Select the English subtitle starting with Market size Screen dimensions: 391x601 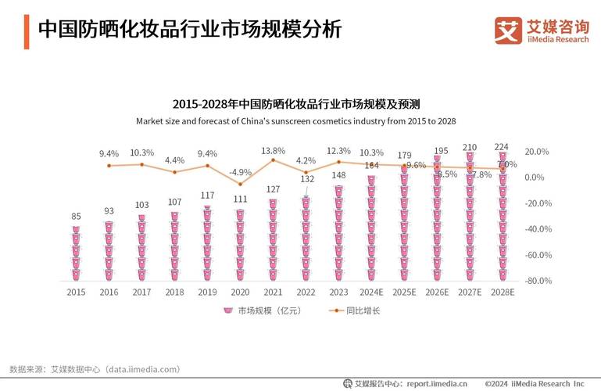(x=295, y=121)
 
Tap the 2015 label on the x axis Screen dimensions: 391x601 (x=76, y=292)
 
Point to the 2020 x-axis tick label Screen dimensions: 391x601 (x=240, y=292)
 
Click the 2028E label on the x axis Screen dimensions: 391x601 (x=503, y=292)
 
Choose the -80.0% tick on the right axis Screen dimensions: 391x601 (x=538, y=281)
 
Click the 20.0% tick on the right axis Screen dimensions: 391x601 (x=538, y=152)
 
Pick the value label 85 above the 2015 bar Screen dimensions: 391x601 (x=76, y=217)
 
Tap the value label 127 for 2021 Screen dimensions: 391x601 (x=273, y=189)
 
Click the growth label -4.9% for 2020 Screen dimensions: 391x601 (x=240, y=172)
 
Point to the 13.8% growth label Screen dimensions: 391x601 (x=273, y=150)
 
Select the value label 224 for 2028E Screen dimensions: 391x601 (x=502, y=146)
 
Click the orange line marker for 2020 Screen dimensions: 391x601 (x=240, y=184)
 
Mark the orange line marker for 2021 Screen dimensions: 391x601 (x=273, y=160)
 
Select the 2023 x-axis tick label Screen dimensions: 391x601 (x=338, y=292)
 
